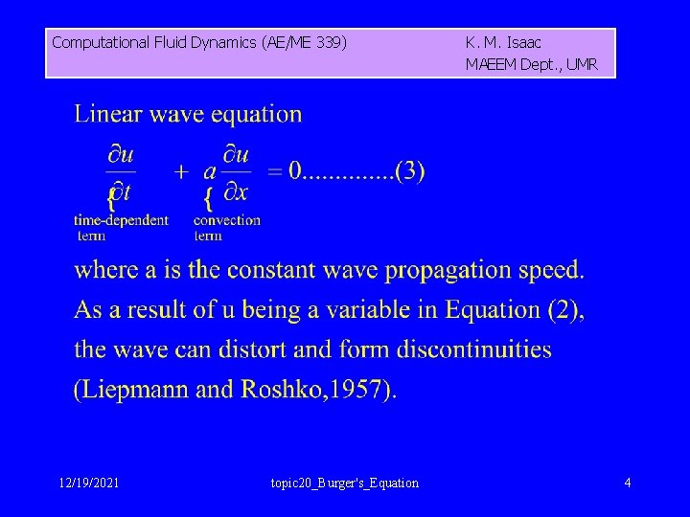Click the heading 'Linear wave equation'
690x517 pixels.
pyautogui.click(x=188, y=115)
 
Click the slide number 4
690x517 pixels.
pyautogui.click(x=628, y=483)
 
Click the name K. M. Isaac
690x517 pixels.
pyautogui.click(x=503, y=42)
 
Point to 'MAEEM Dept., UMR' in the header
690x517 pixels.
pyautogui.click(x=531, y=65)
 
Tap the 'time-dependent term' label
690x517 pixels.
pyautogui.click(x=121, y=227)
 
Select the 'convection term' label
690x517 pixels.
pyautogui.click(x=226, y=227)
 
